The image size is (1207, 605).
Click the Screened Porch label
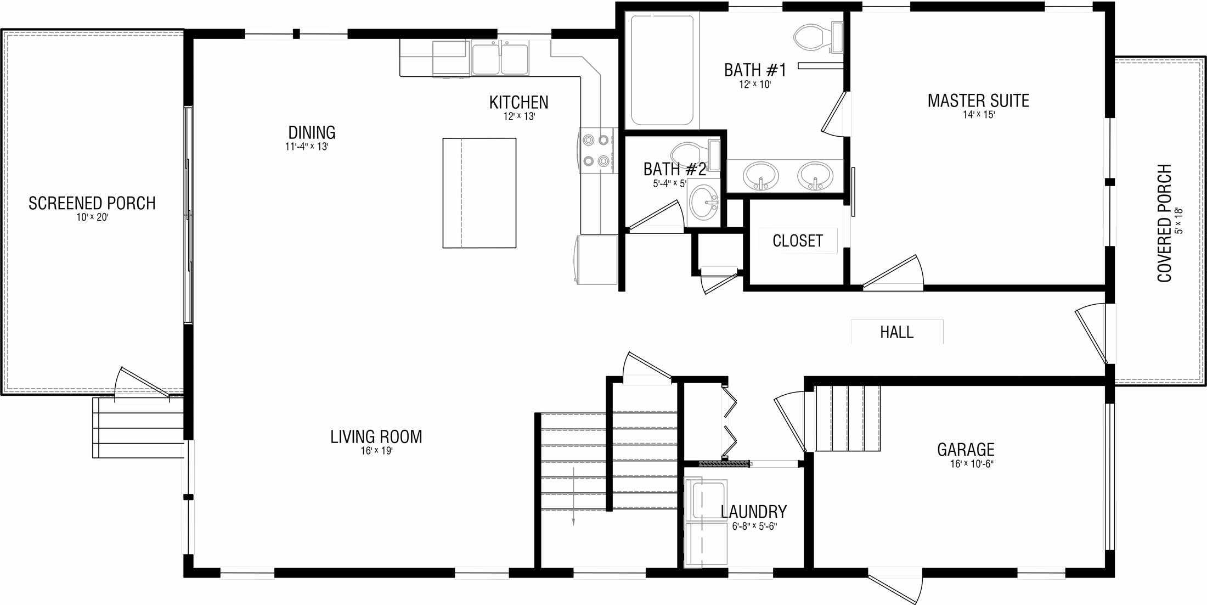pyautogui.click(x=92, y=203)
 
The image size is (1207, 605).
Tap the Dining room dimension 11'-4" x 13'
pyautogui.click(x=307, y=147)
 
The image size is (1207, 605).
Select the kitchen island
pyautogui.click(x=480, y=193)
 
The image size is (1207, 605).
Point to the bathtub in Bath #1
pyautogui.click(x=662, y=70)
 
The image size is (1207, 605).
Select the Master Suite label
pyautogui.click(x=978, y=101)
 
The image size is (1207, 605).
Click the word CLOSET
pyautogui.click(x=798, y=241)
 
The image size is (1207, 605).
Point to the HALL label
pyautogui.click(x=897, y=332)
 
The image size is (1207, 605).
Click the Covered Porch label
pyautogui.click(x=1164, y=223)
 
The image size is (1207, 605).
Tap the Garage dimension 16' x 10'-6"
pyautogui.click(x=972, y=464)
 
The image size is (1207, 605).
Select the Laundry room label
pyautogui.click(x=754, y=512)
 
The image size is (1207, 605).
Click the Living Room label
pyautogui.click(x=376, y=437)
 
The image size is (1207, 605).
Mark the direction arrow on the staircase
pyautogui.click(x=573, y=496)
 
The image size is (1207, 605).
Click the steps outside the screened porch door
pyautogui.click(x=138, y=428)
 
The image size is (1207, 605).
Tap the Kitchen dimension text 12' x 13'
pyautogui.click(x=519, y=116)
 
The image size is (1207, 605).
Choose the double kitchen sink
pyautogui.click(x=500, y=58)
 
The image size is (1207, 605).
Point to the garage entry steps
pyautogui.click(x=848, y=418)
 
